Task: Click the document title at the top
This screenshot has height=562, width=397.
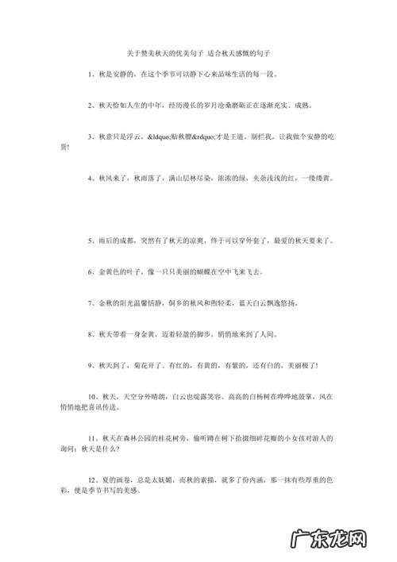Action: pos(198,52)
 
